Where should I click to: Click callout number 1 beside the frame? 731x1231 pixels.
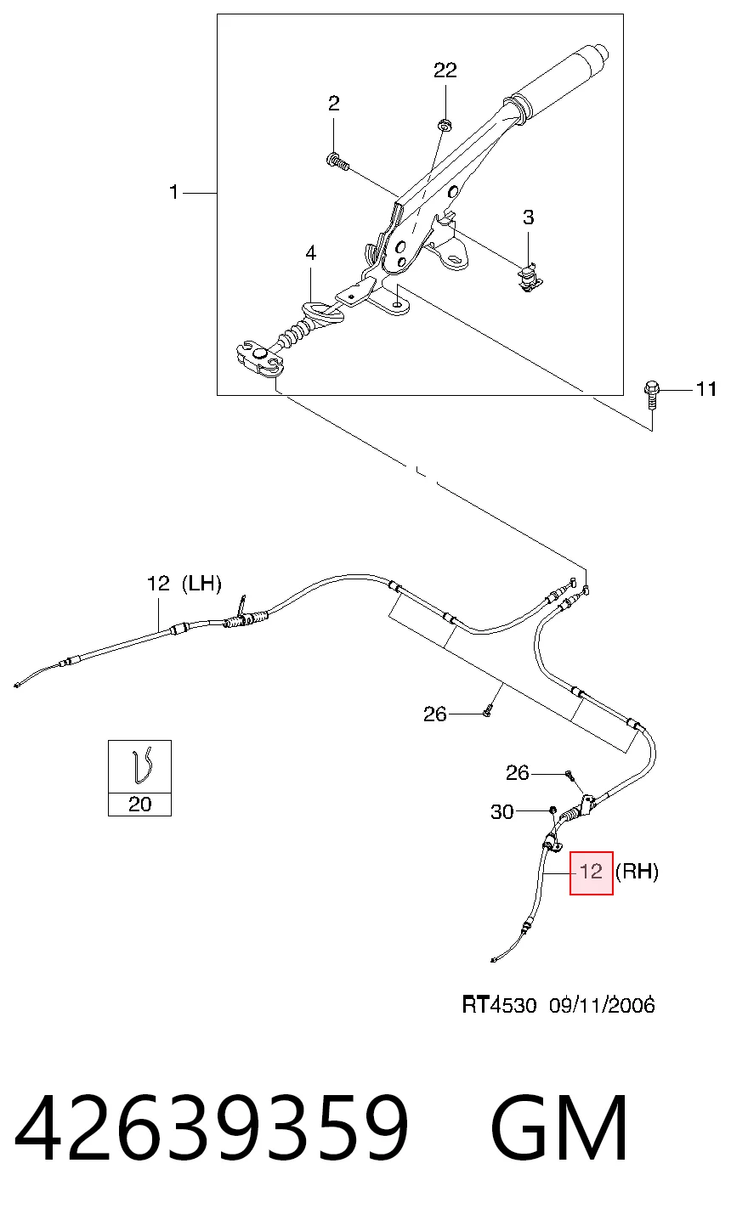click(173, 193)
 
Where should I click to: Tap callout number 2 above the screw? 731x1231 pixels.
click(334, 104)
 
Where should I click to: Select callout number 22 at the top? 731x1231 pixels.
click(445, 71)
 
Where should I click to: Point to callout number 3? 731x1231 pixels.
click(528, 217)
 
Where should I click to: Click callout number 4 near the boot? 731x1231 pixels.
click(311, 253)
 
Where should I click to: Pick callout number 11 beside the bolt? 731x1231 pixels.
click(706, 390)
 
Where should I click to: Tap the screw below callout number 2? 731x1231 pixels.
click(337, 162)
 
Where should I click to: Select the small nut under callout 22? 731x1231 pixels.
click(444, 126)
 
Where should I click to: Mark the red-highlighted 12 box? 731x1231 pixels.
click(592, 873)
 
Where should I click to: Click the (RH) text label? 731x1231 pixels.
click(637, 872)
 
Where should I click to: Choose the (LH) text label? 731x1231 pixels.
click(201, 584)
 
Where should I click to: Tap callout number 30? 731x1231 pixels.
click(501, 812)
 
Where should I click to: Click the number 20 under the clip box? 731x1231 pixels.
click(139, 805)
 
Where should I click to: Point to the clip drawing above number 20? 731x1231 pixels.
click(142, 765)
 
